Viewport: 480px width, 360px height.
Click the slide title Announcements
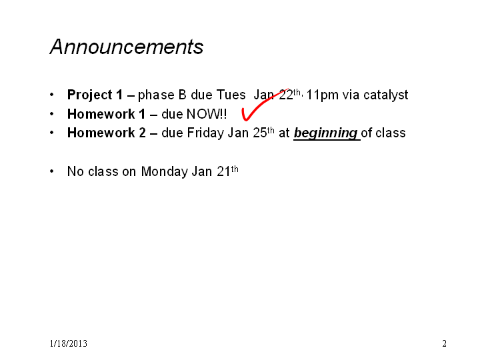pyautogui.click(x=127, y=47)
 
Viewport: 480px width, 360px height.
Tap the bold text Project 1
pyautogui.click(x=95, y=95)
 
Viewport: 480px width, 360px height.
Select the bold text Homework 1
pyautogui.click(x=106, y=114)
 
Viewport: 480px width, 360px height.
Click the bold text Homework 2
pyautogui.click(x=106, y=133)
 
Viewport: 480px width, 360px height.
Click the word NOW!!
pyautogui.click(x=207, y=114)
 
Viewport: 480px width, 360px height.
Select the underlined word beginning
pyautogui.click(x=326, y=133)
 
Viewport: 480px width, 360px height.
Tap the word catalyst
pyautogui.click(x=386, y=95)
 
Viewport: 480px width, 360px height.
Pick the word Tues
pyautogui.click(x=231, y=95)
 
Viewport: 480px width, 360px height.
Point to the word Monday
pyautogui.click(x=165, y=171)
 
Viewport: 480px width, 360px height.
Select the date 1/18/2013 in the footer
pyautogui.click(x=69, y=343)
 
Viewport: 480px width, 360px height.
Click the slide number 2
pyautogui.click(x=444, y=343)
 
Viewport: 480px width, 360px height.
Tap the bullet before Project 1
pyautogui.click(x=52, y=95)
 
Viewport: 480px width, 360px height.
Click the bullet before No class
pyautogui.click(x=52, y=171)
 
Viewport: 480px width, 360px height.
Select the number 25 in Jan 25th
pyautogui.click(x=260, y=133)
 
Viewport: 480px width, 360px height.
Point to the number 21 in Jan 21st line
pyautogui.click(x=224, y=171)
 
